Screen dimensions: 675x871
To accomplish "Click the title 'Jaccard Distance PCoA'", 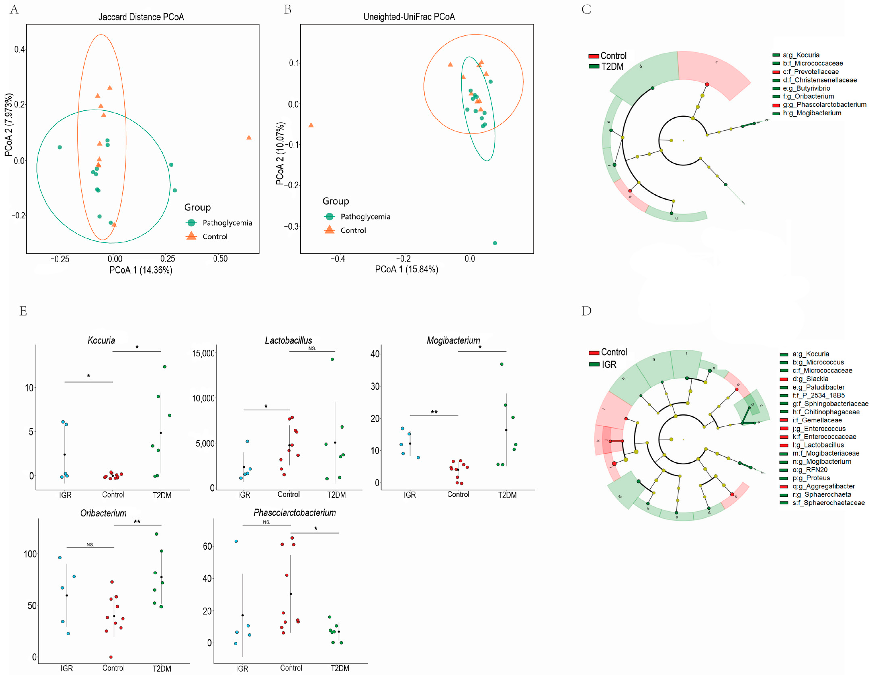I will click(x=141, y=17).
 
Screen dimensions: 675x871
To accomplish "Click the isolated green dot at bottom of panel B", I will click(x=495, y=243).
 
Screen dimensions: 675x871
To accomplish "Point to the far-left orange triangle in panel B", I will click(x=311, y=125).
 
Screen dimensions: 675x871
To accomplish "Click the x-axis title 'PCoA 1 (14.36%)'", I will click(x=141, y=270).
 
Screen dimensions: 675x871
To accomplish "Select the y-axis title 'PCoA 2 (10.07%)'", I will click(x=280, y=153).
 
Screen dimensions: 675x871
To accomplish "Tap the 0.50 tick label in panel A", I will click(x=220, y=259).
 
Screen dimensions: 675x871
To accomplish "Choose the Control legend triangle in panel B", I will click(x=329, y=230).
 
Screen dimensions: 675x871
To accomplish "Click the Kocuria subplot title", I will click(x=101, y=340).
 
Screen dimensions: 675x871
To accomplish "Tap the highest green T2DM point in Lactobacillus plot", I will click(x=332, y=359).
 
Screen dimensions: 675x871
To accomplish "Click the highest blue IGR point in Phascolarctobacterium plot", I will click(x=236, y=541).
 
